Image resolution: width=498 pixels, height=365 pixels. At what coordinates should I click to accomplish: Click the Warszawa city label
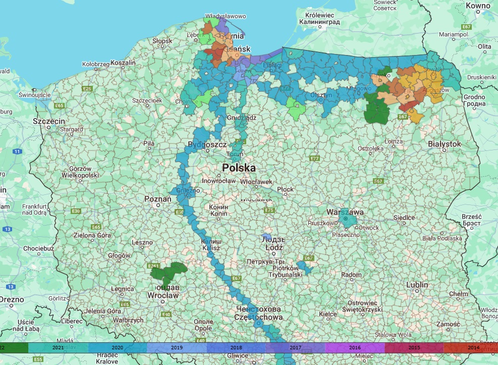(345, 212)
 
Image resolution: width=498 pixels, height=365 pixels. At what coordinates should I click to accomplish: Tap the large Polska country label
(239, 168)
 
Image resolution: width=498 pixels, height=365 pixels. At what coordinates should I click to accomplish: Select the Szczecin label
(49, 122)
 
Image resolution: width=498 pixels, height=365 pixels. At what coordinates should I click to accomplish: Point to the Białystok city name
(444, 144)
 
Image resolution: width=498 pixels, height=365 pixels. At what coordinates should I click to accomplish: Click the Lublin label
(417, 285)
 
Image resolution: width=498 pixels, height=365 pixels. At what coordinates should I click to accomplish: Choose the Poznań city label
(158, 199)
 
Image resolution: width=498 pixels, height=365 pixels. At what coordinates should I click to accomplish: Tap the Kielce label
(327, 314)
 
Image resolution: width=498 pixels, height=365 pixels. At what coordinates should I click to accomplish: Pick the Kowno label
(478, 6)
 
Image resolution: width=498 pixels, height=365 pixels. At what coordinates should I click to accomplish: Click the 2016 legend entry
(355, 348)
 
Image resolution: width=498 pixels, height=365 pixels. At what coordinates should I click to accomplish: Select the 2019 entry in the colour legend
(177, 348)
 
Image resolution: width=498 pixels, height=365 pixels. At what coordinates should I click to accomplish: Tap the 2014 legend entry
(473, 348)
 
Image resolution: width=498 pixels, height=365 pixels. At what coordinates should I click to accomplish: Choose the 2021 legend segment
(58, 348)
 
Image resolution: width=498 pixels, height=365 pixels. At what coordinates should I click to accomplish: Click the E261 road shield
(153, 266)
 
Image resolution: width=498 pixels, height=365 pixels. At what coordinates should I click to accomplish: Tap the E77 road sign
(315, 159)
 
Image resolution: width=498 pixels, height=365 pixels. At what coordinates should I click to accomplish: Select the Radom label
(351, 275)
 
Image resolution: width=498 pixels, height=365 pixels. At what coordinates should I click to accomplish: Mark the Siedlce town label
(404, 218)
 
